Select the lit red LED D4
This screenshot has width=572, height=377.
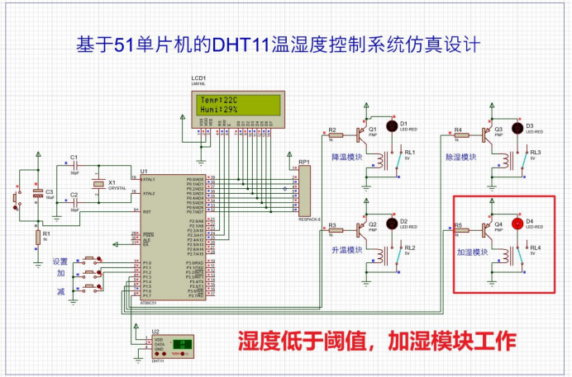pyautogui.click(x=517, y=224)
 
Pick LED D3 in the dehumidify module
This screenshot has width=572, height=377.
pyautogui.click(x=517, y=127)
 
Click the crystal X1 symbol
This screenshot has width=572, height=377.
pyautogui.click(x=98, y=185)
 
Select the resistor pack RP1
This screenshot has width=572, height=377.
pyautogui.click(x=304, y=189)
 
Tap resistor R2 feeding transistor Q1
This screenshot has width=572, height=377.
pyautogui.click(x=334, y=137)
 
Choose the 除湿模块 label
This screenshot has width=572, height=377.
pyautogui.click(x=461, y=156)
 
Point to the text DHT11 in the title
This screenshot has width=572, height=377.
pyautogui.click(x=241, y=44)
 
